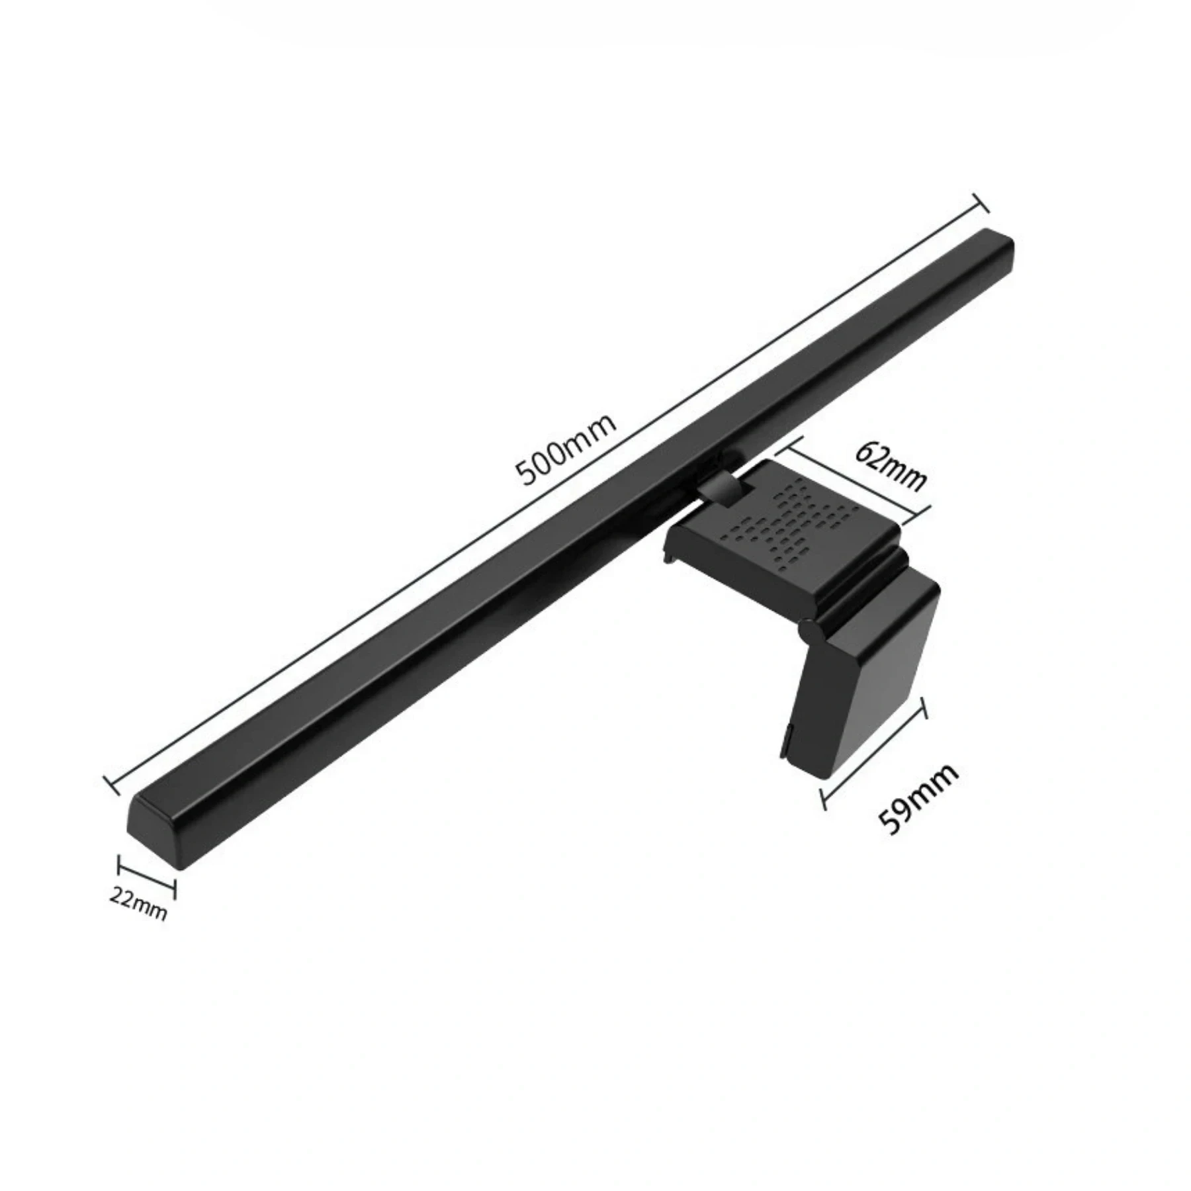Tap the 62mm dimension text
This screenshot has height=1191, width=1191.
click(890, 467)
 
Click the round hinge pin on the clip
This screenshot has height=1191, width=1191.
click(808, 629)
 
